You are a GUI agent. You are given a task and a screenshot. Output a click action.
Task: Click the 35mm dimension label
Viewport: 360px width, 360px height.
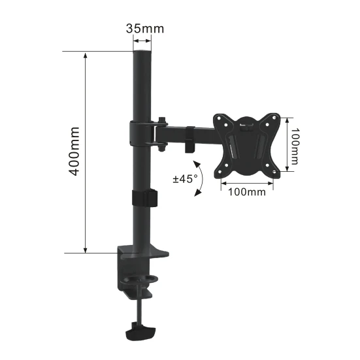pyautogui.click(x=145, y=29)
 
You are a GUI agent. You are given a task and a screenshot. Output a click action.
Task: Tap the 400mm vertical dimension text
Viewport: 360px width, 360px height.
pyautogui.click(x=74, y=152)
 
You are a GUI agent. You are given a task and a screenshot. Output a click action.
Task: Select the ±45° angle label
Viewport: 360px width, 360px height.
pyautogui.click(x=185, y=179)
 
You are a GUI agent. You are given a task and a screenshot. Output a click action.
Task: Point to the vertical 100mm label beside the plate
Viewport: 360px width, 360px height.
pyautogui.click(x=295, y=146)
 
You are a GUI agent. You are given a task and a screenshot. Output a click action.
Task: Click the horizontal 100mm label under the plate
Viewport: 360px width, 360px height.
pyautogui.click(x=246, y=192)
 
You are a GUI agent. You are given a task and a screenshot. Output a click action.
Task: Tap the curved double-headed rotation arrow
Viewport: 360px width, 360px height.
pyautogui.click(x=201, y=178)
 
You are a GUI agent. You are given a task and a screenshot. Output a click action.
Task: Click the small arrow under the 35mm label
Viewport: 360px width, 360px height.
pyautogui.click(x=142, y=41)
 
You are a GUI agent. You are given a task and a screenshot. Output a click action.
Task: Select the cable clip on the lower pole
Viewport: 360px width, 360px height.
pyautogui.click(x=144, y=198)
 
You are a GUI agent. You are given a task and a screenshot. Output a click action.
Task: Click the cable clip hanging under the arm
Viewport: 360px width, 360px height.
pyautogui.click(x=190, y=140)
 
